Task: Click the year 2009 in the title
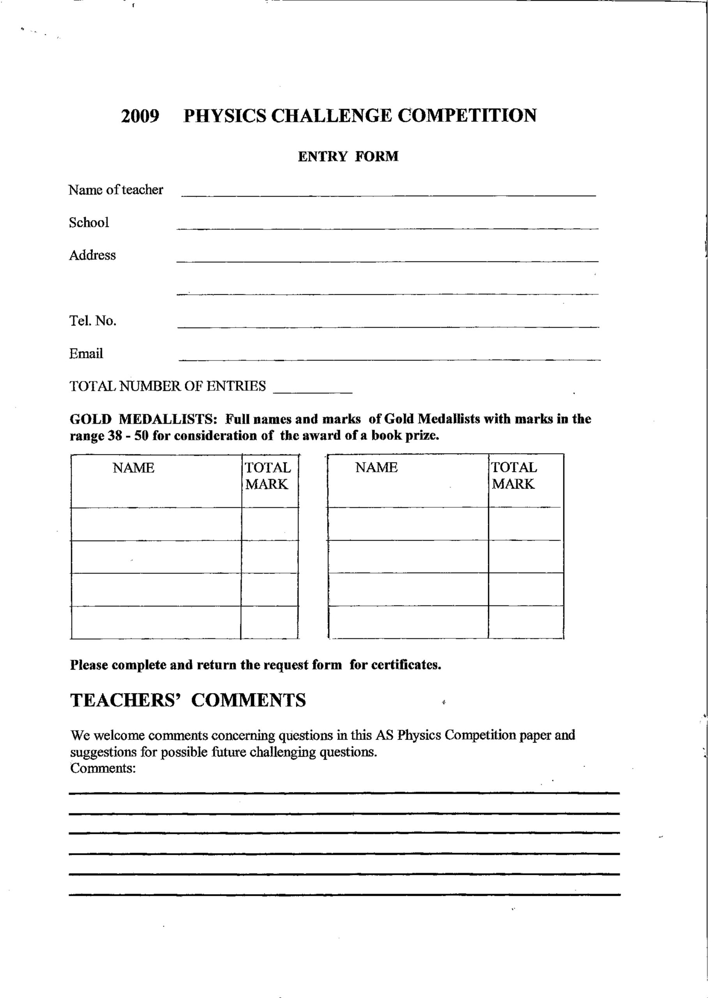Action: [140, 116]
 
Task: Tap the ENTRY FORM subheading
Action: [348, 156]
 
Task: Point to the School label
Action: [88, 222]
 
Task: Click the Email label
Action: [86, 353]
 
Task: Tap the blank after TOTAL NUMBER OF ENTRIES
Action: [313, 391]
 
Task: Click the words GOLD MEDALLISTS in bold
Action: [143, 419]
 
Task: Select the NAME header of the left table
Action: [134, 468]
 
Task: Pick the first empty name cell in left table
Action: [156, 524]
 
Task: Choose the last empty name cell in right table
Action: [408, 622]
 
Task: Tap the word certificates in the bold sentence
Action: [405, 665]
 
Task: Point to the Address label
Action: [92, 255]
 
